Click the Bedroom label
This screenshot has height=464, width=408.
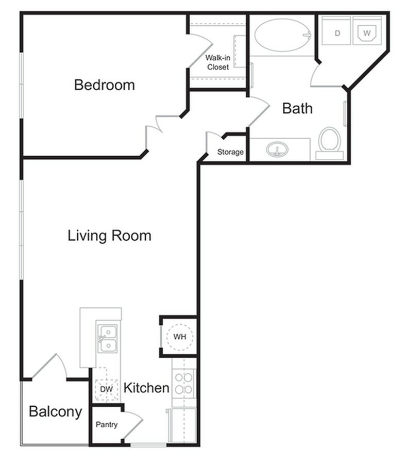tap(104, 85)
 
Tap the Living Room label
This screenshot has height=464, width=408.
tap(109, 236)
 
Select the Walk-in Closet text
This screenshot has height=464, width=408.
tap(217, 62)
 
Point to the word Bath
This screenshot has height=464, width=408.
tap(297, 109)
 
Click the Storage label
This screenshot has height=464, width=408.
tap(230, 152)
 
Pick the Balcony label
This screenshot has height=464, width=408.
tap(55, 412)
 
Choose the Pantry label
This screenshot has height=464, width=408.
tap(107, 425)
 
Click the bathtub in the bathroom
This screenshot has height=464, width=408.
tap(281, 35)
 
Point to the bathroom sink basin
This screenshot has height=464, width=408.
tap(277, 150)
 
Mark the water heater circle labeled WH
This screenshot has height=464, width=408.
tap(179, 337)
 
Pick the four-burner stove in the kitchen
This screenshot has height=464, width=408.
tap(184, 383)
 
